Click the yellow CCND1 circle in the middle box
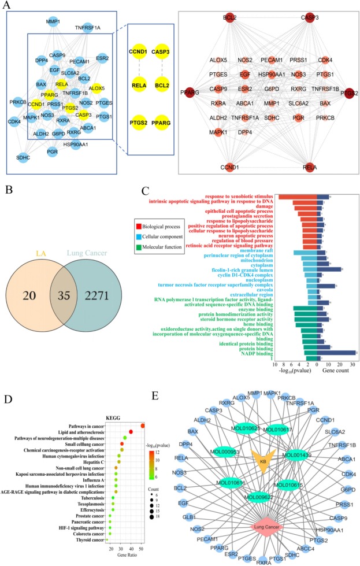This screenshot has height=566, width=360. click(142, 59)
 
